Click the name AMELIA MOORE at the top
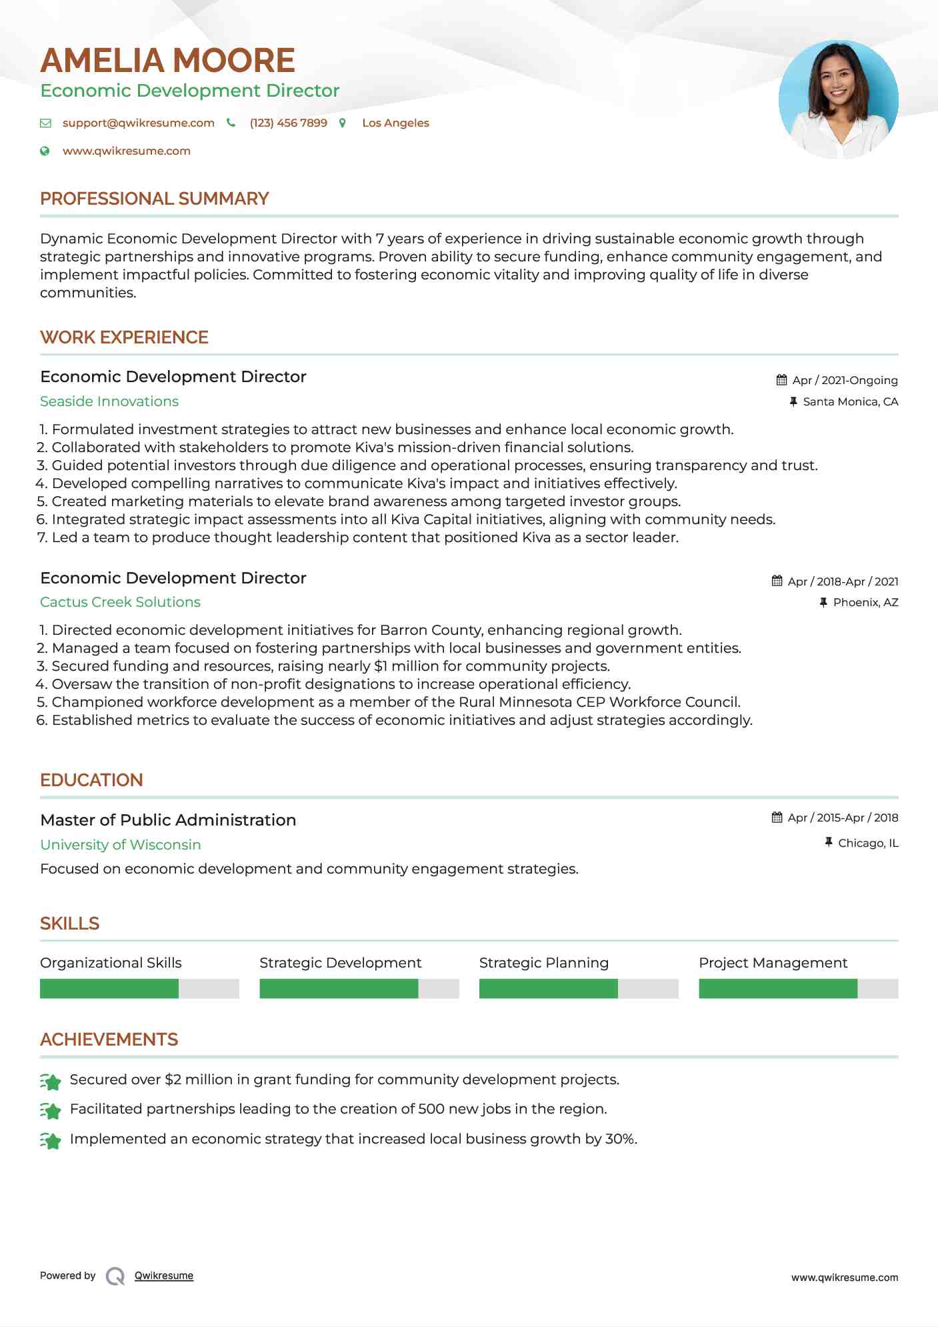click(167, 61)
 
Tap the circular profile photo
click(838, 99)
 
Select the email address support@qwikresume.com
click(138, 123)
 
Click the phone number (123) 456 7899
click(288, 123)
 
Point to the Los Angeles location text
click(395, 123)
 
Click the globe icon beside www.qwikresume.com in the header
click(45, 151)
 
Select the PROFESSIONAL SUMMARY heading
click(154, 199)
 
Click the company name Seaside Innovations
click(109, 401)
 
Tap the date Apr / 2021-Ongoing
click(844, 380)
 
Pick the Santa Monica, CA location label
click(850, 401)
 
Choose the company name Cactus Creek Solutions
click(120, 602)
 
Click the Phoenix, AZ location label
click(865, 602)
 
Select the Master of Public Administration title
click(168, 820)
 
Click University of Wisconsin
click(120, 845)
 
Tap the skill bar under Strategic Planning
click(578, 988)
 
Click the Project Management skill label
click(773, 963)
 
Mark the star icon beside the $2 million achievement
click(51, 1081)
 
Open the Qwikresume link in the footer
click(164, 1276)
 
